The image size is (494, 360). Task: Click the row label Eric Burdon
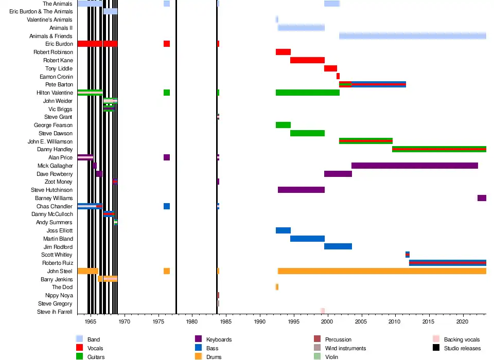point(59,44)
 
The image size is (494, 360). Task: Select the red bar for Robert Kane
point(307,60)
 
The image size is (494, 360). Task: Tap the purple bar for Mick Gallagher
point(414,166)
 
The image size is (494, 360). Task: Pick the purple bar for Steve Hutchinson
point(301,190)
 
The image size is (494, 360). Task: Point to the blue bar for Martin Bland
point(307,239)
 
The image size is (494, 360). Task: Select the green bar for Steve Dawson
point(307,133)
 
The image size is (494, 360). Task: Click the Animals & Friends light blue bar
point(412,36)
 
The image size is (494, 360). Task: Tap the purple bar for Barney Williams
point(482,198)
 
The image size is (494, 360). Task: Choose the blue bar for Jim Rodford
point(338,246)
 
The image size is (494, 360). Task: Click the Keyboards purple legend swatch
point(198,339)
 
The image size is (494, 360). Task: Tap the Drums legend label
point(214,356)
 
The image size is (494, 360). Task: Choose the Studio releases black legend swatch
point(435,348)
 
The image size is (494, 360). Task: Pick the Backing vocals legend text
point(462,339)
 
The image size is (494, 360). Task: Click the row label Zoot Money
point(59,182)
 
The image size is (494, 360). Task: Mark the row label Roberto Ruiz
point(57,263)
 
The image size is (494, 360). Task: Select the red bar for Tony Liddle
point(330,68)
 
